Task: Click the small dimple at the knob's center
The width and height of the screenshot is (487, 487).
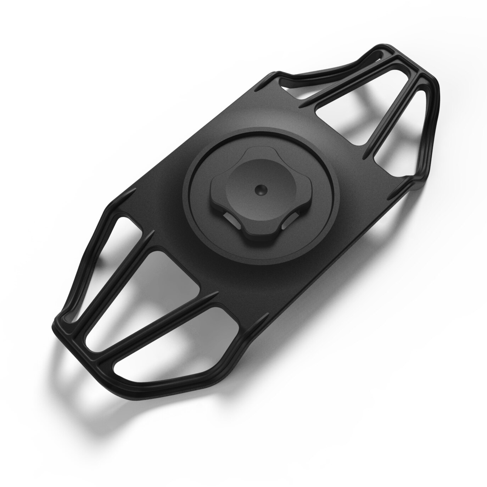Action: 261,190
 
